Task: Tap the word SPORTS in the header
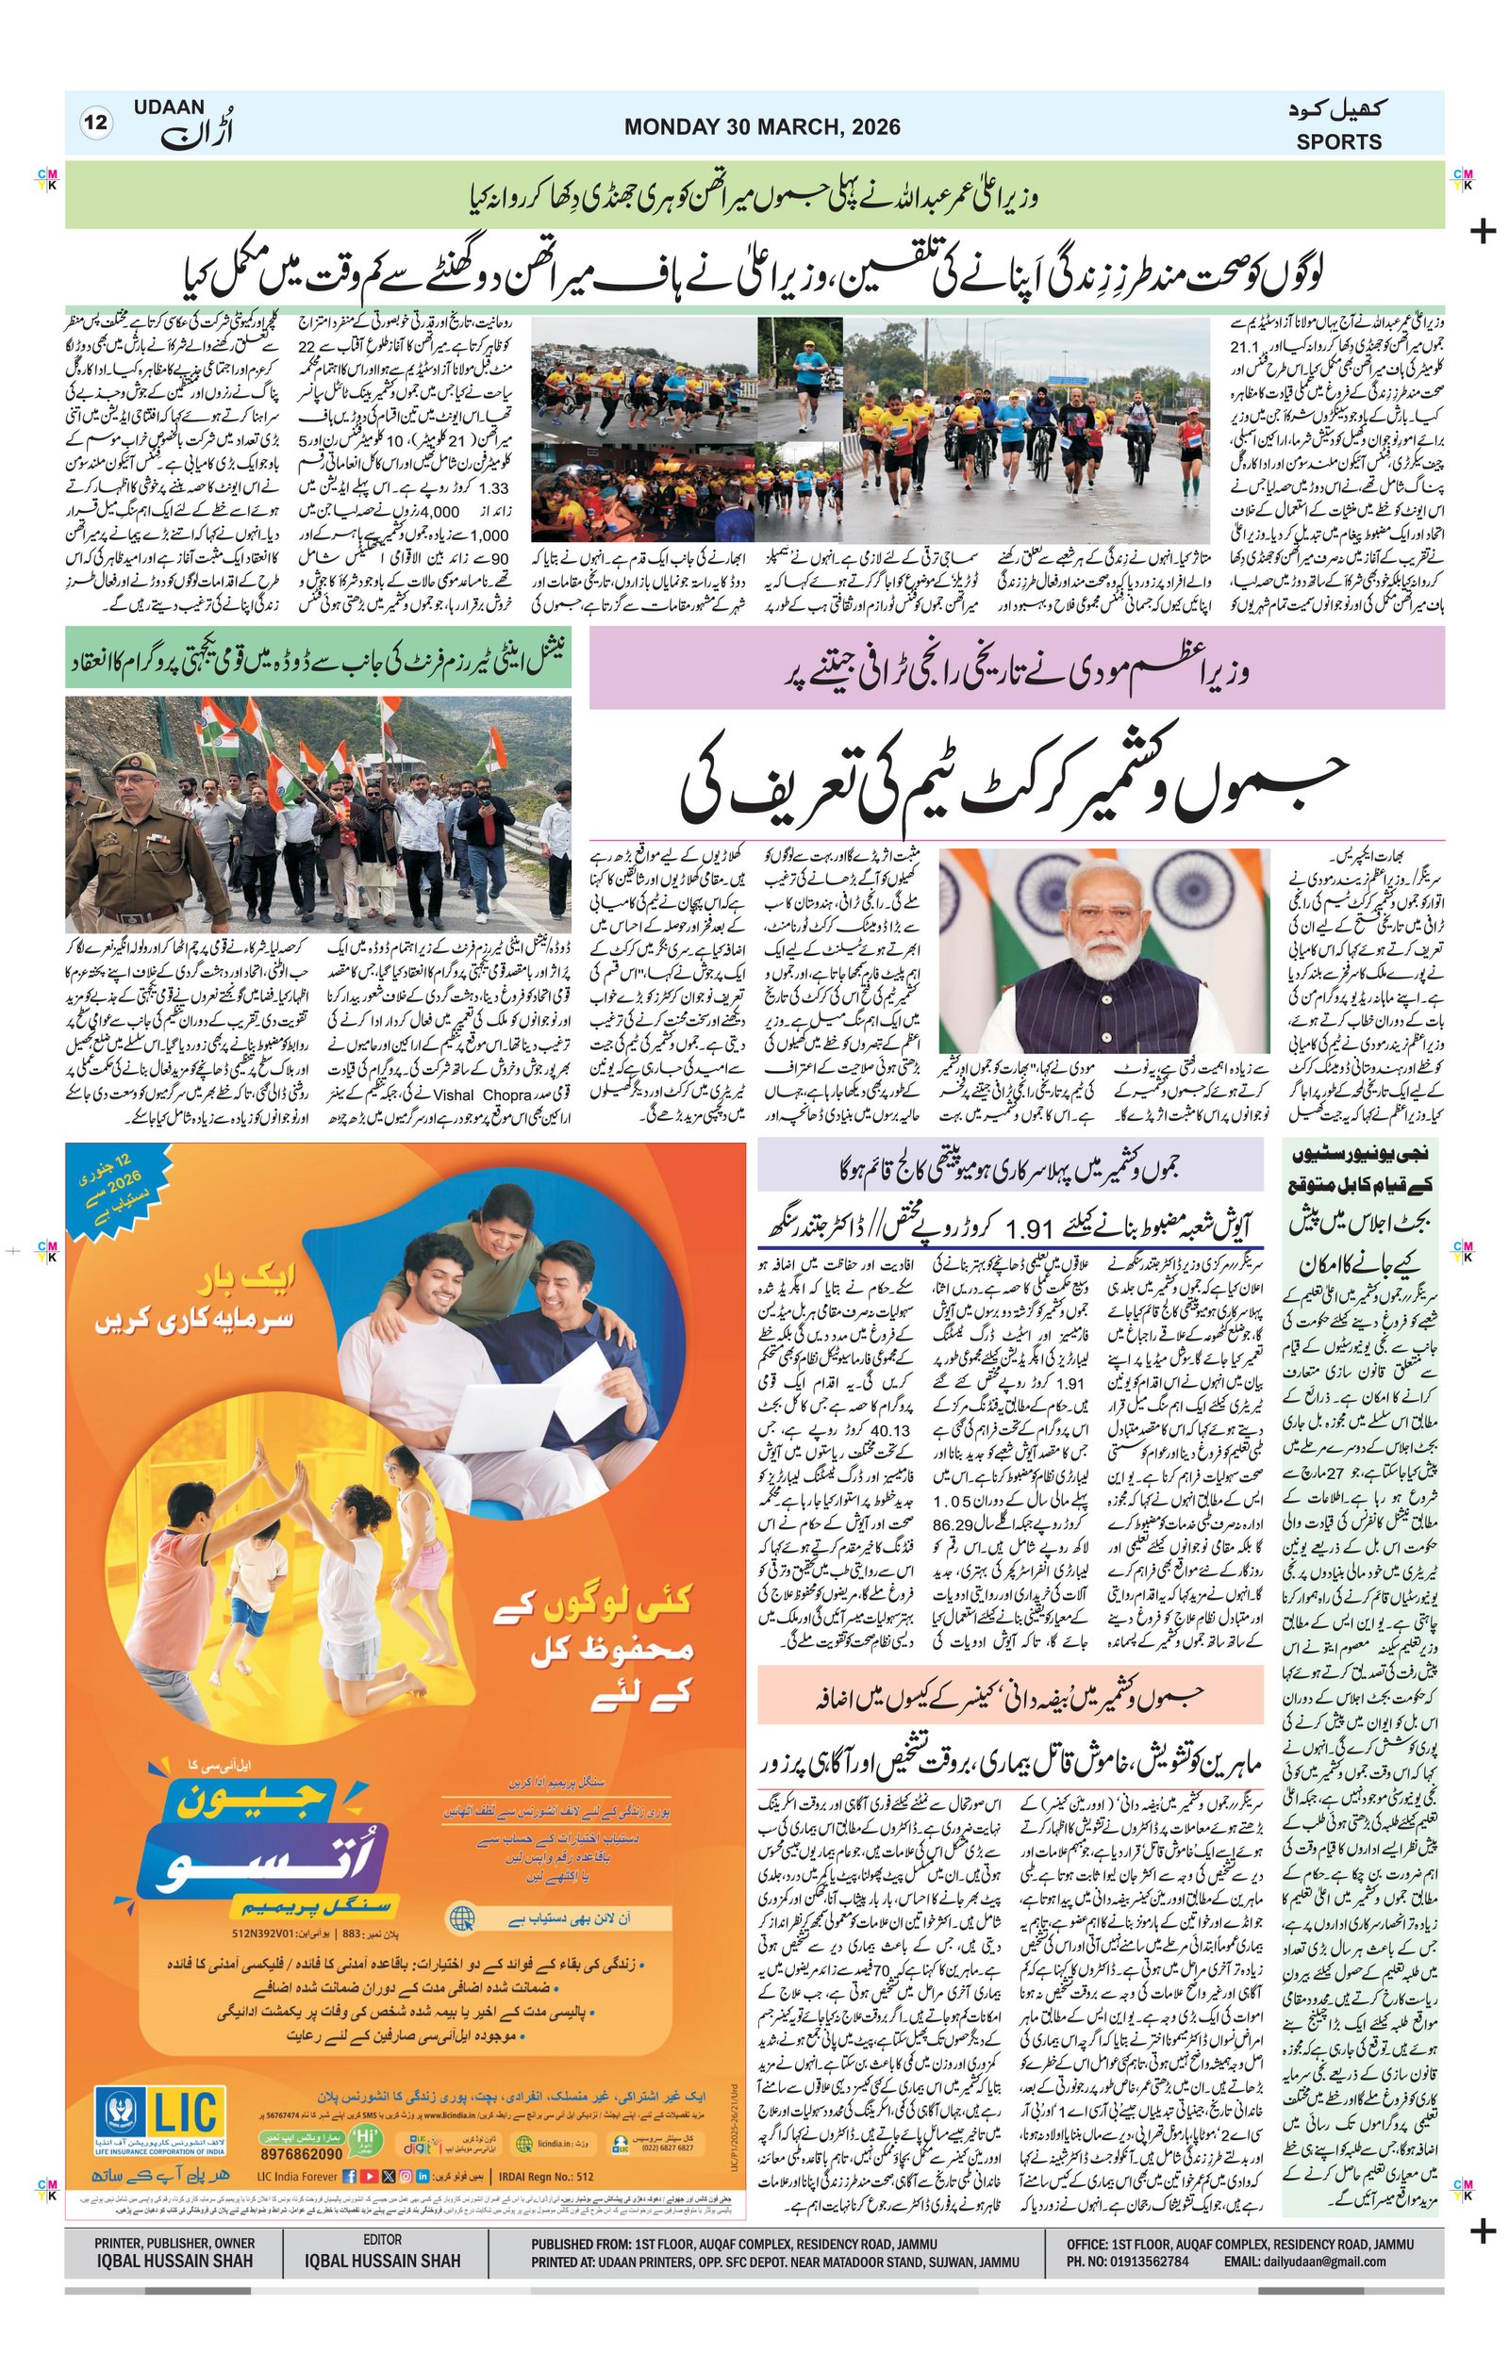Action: click(1337, 141)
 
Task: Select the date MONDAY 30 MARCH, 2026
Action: click(761, 127)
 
